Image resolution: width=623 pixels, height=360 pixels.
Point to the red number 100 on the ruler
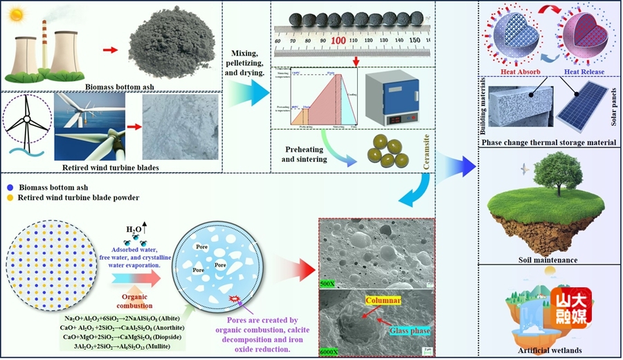(338, 41)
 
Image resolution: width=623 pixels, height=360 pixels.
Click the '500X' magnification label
(328, 284)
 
